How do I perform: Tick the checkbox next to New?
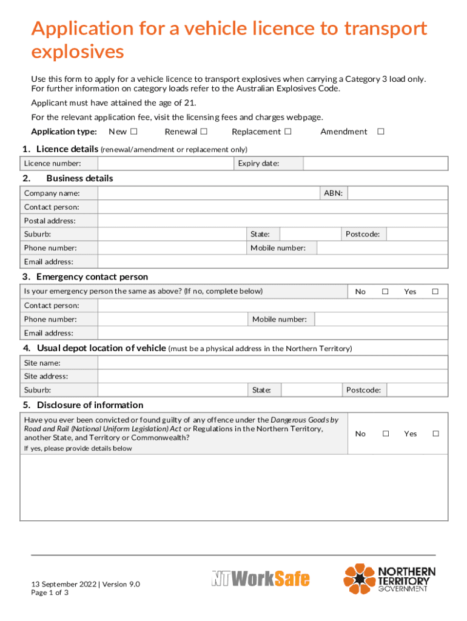pos(133,132)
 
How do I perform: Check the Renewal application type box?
pos(204,132)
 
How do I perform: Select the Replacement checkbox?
pos(287,132)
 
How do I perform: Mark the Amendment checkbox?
pos(381,132)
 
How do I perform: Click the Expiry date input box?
pos(375,163)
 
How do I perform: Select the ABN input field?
pos(398,193)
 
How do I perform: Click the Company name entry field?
pos(209,193)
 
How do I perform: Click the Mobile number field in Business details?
pos(382,247)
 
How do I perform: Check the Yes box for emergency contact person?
pos(435,292)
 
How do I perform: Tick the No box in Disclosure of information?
pos(385,434)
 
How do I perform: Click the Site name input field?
pos(273,363)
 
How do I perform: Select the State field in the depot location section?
pos(312,390)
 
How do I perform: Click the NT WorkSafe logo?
pos(260,579)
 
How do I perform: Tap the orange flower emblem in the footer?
pos(360,579)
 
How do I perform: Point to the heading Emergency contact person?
pos(92,277)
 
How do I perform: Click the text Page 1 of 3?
pos(50,592)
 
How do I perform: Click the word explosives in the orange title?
pos(78,52)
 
